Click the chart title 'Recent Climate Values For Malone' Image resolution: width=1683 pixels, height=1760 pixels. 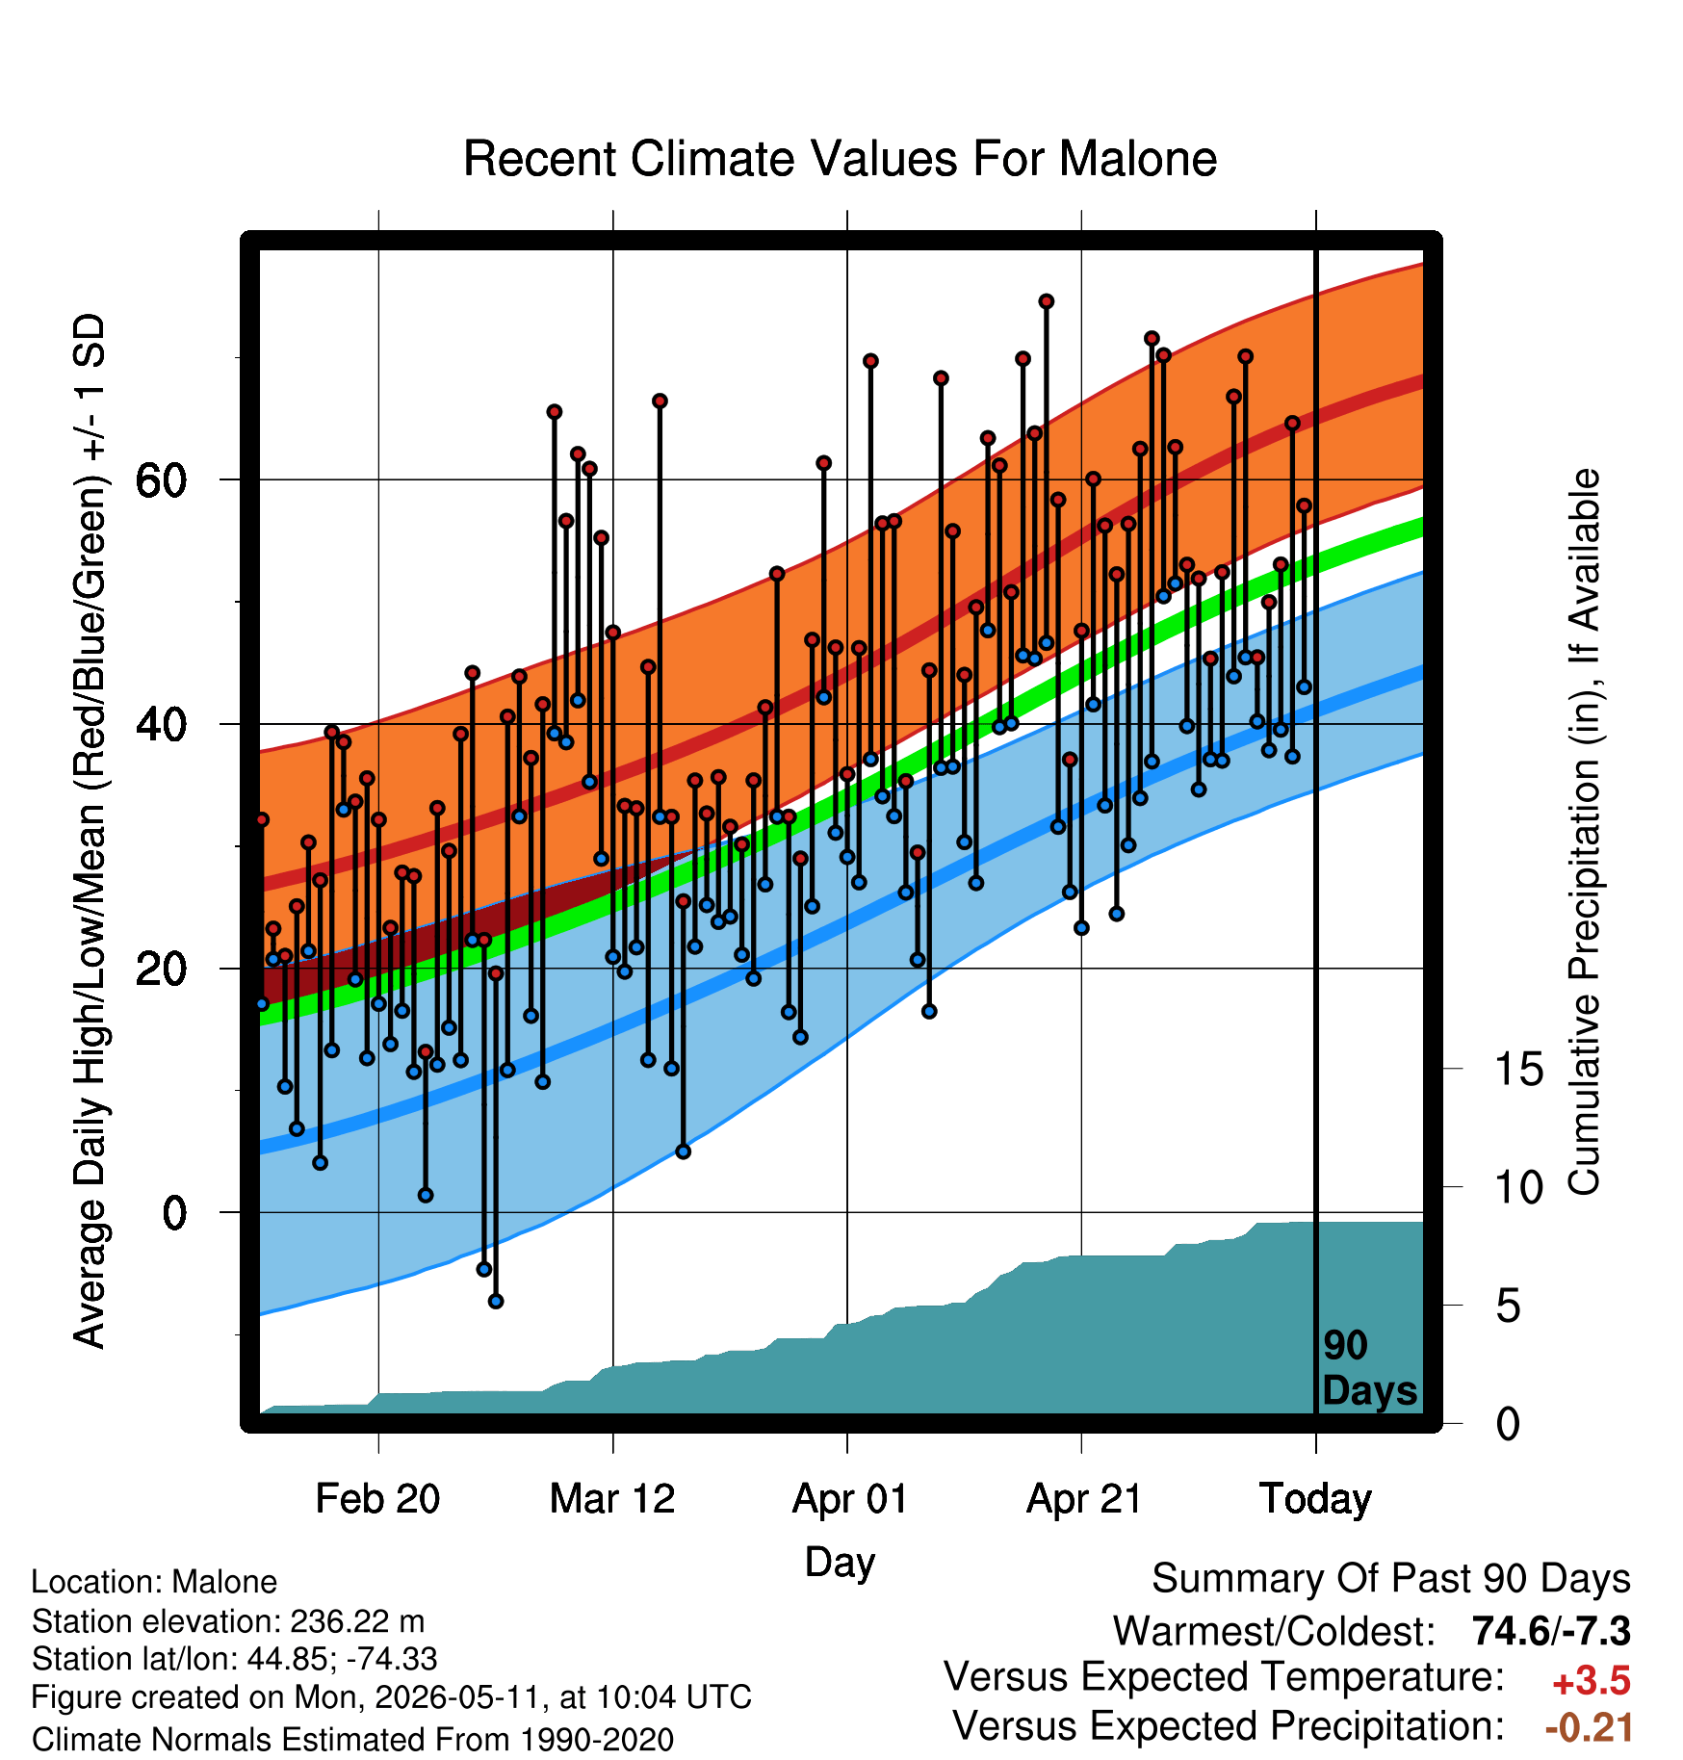tap(840, 159)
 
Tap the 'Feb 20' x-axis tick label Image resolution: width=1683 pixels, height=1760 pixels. tap(377, 1498)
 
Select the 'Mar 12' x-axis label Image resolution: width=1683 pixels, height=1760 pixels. tap(612, 1498)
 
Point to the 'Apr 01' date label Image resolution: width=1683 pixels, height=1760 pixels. tap(849, 1499)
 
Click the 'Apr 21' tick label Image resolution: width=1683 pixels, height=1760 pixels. tap(1084, 1498)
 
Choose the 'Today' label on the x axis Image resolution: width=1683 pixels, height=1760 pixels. tap(1315, 1499)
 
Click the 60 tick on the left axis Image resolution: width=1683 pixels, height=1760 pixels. tap(161, 479)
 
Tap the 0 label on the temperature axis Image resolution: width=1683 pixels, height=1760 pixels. tap(174, 1213)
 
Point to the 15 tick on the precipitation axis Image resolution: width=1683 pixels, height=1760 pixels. tap(1518, 1069)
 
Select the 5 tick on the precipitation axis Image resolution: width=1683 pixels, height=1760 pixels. tap(1509, 1306)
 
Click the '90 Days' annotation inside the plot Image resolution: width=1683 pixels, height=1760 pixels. tap(1369, 1368)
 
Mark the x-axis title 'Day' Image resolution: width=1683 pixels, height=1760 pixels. tap(840, 1563)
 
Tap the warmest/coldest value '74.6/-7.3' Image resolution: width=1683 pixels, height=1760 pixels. tap(1551, 1631)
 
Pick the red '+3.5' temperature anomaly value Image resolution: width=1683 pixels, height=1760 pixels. tap(1592, 1681)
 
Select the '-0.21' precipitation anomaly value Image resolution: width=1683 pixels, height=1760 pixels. tap(1589, 1727)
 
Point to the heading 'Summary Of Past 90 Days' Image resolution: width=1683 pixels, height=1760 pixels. tap(1391, 1579)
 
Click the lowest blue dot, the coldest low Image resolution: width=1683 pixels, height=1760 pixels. tap(496, 1301)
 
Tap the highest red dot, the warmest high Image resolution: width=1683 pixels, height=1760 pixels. tap(1047, 301)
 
